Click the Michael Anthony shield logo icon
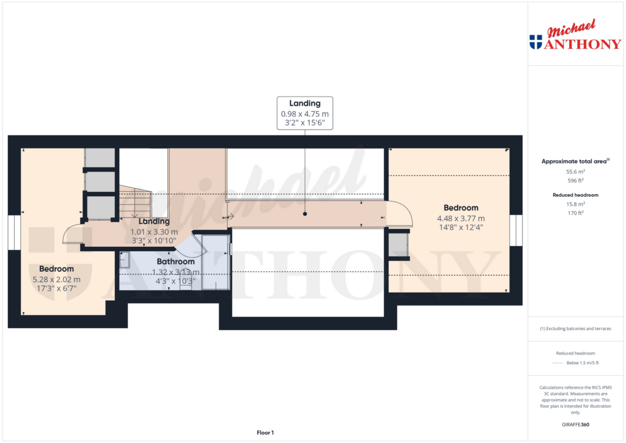coord(536,42)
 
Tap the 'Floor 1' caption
coord(265,433)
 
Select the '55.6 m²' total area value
coord(574,172)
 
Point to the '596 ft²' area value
coord(574,181)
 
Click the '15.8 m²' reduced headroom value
coord(574,204)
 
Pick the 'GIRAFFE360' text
coord(574,425)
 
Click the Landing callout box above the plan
coord(306,113)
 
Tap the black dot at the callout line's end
coord(306,214)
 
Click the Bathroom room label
coord(175,262)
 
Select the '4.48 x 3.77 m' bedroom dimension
coord(461,219)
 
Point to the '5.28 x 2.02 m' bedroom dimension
coord(56,279)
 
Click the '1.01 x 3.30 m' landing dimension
coord(154,232)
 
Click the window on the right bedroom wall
coord(517,231)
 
